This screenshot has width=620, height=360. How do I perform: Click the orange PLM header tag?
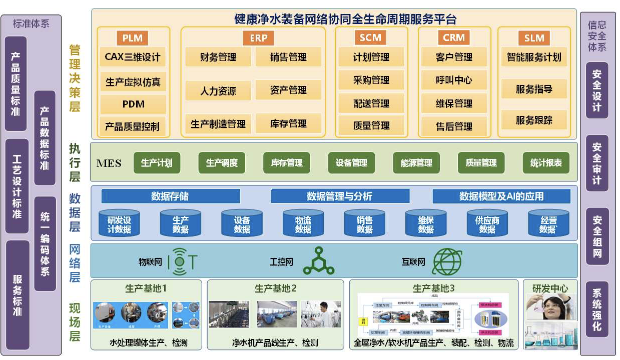133,37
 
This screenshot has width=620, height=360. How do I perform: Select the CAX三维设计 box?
133,57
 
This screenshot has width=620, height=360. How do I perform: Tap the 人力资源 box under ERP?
218,91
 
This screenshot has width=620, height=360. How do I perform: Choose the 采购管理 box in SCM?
371,80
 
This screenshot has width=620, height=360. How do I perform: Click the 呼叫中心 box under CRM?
453,80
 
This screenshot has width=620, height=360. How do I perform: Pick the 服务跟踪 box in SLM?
534,120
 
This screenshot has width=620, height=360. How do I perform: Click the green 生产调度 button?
222,163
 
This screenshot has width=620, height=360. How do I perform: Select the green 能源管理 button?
416,163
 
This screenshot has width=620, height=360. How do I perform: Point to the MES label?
109,163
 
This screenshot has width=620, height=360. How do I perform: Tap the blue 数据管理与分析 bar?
340,196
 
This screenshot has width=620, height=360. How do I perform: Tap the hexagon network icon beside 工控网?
318,261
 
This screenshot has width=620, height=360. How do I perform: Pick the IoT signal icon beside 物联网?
182,261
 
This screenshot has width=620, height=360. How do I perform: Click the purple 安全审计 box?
596,163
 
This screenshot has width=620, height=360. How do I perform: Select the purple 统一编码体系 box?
45,243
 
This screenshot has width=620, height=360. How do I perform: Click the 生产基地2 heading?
275,288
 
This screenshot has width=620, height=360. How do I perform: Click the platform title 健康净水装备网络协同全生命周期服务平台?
345,19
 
